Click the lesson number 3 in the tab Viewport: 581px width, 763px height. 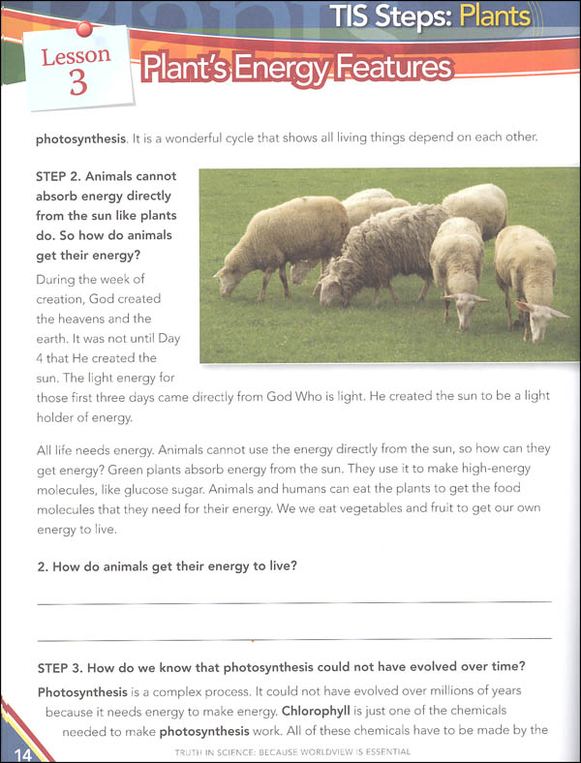click(x=77, y=81)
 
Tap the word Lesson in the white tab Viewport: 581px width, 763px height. click(x=76, y=55)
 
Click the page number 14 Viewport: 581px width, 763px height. click(x=18, y=752)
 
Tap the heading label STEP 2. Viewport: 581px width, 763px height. click(x=62, y=176)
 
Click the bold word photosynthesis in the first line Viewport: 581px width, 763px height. click(x=80, y=137)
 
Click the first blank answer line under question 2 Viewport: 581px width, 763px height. click(x=293, y=602)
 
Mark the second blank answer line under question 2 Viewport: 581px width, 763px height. click(x=293, y=638)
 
